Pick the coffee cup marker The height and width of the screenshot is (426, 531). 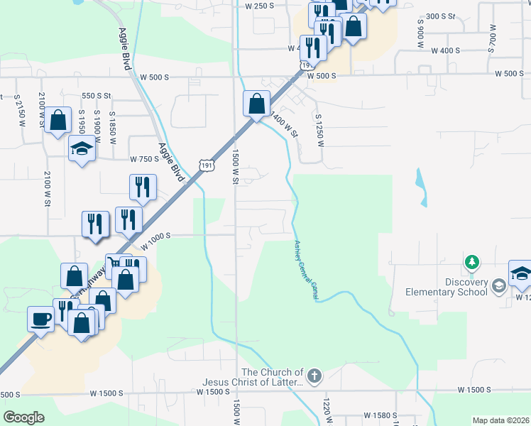[40, 318]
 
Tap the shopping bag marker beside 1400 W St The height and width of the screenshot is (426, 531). [256, 104]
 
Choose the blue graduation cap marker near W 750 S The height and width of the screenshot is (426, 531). [82, 149]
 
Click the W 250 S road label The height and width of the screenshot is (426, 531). [259, 6]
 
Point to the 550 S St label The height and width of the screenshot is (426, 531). [97, 95]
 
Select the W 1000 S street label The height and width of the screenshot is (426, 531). [157, 242]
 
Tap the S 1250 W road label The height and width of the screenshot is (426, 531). [319, 129]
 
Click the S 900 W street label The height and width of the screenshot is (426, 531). [420, 28]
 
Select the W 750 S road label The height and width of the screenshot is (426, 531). [144, 159]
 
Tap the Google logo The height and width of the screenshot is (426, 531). [24, 417]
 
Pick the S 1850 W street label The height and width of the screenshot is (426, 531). [112, 126]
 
